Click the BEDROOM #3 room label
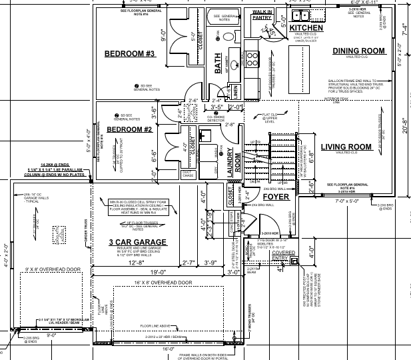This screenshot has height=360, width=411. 130,53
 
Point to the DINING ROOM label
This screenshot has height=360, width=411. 358,51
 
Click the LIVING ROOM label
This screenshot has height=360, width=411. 346,147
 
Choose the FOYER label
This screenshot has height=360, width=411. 275,197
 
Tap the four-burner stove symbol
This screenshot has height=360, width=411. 253,58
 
